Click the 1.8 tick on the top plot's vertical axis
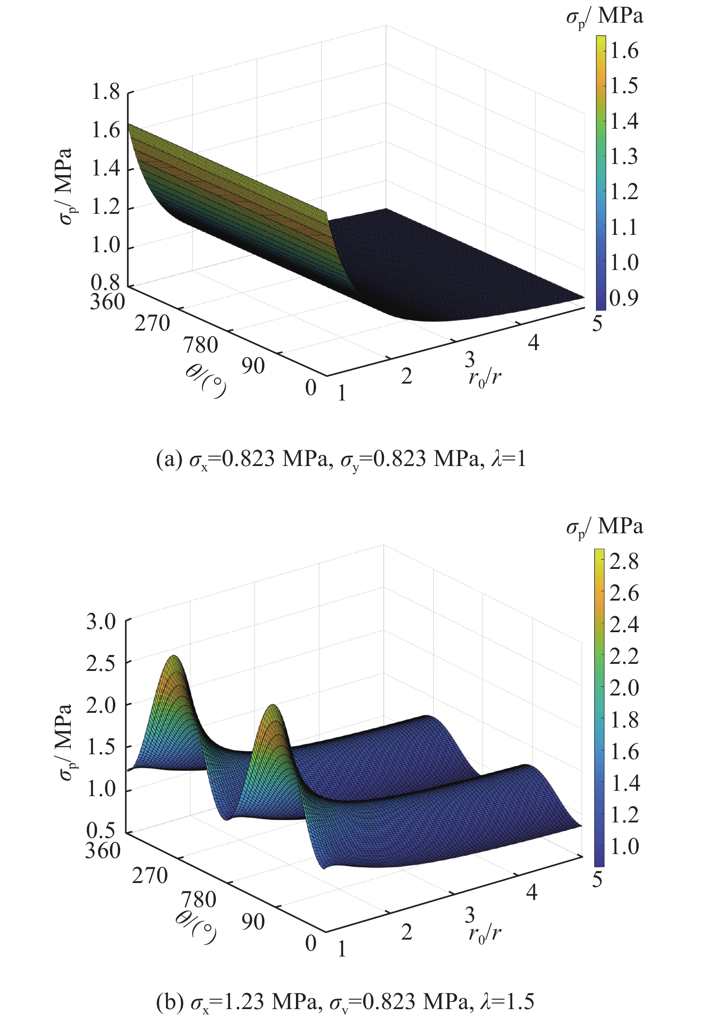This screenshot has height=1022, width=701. (105, 93)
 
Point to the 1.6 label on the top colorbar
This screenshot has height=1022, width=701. (624, 51)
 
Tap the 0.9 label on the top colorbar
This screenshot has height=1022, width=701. (624, 298)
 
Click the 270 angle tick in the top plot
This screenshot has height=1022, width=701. (152, 323)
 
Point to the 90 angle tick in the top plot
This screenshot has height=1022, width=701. (253, 366)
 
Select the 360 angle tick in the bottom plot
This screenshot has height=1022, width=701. (103, 850)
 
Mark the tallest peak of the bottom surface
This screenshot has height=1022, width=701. (174, 657)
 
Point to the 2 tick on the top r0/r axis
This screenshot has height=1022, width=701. (406, 377)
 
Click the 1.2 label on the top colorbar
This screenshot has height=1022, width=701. (624, 192)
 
